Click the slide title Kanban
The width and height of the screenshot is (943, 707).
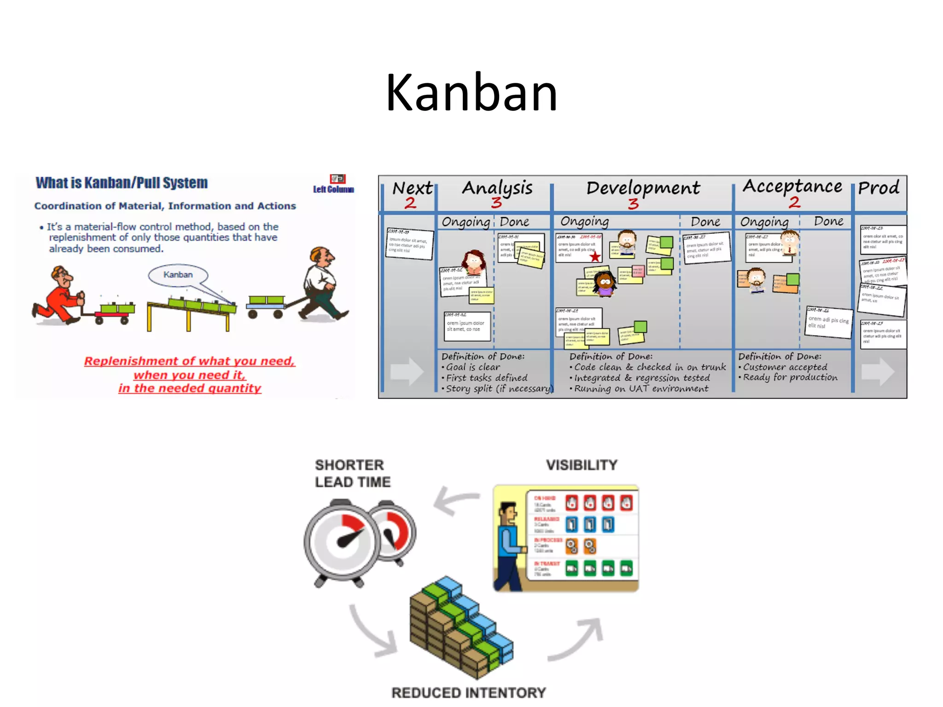[471, 93]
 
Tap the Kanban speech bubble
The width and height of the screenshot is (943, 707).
[178, 275]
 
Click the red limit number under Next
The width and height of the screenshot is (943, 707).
[410, 203]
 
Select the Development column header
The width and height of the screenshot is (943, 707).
[643, 188]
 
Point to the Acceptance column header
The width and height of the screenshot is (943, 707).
[792, 186]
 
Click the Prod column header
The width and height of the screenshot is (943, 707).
[879, 188]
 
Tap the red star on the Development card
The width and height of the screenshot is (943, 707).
[595, 256]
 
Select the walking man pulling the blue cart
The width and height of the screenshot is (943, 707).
[322, 285]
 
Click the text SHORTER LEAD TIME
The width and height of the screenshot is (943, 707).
[353, 474]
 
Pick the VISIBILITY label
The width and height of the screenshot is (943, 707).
[582, 465]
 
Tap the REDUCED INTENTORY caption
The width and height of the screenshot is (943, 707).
[469, 693]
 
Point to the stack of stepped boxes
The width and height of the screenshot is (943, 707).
[460, 626]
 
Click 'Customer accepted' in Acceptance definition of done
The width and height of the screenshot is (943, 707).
[785, 367]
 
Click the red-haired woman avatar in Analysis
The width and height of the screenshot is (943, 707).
[474, 261]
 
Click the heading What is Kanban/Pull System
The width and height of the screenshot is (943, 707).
[122, 183]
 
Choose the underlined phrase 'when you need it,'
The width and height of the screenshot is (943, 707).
[190, 375]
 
